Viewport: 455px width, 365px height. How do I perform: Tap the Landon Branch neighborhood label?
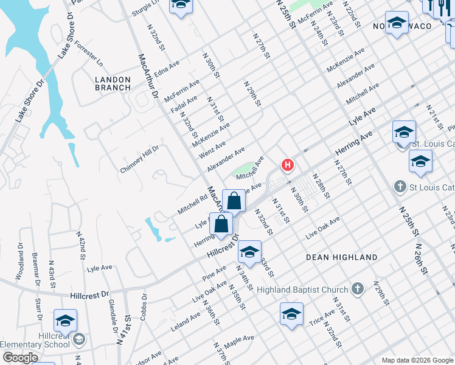coord(113,83)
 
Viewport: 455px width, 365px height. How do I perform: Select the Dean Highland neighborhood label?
coord(341,257)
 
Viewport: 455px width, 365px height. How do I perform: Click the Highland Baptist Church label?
coord(310,290)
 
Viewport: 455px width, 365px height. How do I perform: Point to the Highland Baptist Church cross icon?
coord(358,289)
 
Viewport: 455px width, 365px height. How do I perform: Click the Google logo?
coord(21,358)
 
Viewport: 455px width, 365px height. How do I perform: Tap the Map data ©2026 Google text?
coord(417,360)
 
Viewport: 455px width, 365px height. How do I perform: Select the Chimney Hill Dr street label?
coord(139,159)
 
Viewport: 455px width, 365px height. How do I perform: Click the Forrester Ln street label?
coord(89,55)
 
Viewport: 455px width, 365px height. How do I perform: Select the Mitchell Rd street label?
coord(193,204)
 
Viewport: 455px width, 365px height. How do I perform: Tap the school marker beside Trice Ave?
coord(291,315)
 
